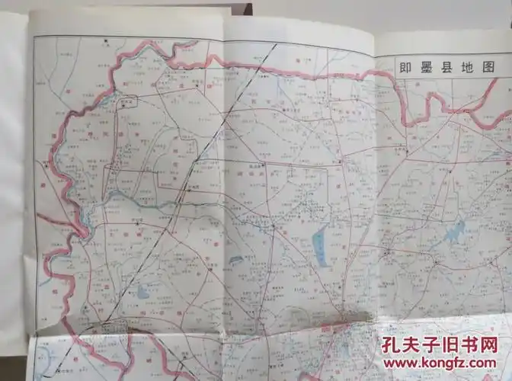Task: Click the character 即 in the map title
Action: coord(406,67)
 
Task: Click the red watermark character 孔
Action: coord(393,347)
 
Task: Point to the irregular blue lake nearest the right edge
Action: coord(455,231)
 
